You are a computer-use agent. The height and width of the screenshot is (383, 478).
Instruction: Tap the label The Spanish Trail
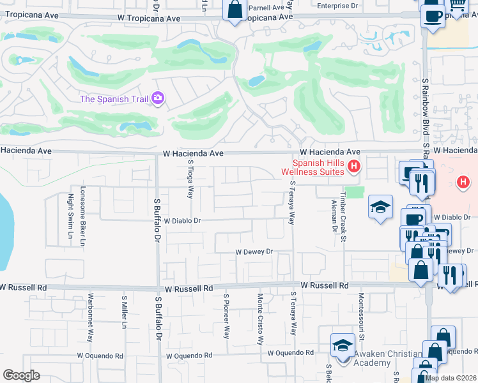click(x=114, y=99)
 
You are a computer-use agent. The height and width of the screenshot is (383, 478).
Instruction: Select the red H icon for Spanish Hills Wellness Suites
click(x=354, y=167)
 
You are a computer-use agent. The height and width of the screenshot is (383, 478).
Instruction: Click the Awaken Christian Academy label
click(x=388, y=358)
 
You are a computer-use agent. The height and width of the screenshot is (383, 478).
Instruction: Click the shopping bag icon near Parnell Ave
click(x=235, y=10)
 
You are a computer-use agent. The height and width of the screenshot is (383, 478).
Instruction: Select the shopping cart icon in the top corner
click(x=456, y=6)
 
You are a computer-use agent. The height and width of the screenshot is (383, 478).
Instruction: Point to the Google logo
click(x=21, y=375)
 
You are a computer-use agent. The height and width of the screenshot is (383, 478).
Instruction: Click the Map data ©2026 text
click(x=451, y=378)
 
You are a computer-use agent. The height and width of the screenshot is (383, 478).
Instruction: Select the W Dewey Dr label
click(x=254, y=252)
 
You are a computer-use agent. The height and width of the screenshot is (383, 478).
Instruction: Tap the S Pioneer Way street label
click(x=226, y=317)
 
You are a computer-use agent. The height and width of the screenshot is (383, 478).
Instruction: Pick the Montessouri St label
click(x=361, y=317)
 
